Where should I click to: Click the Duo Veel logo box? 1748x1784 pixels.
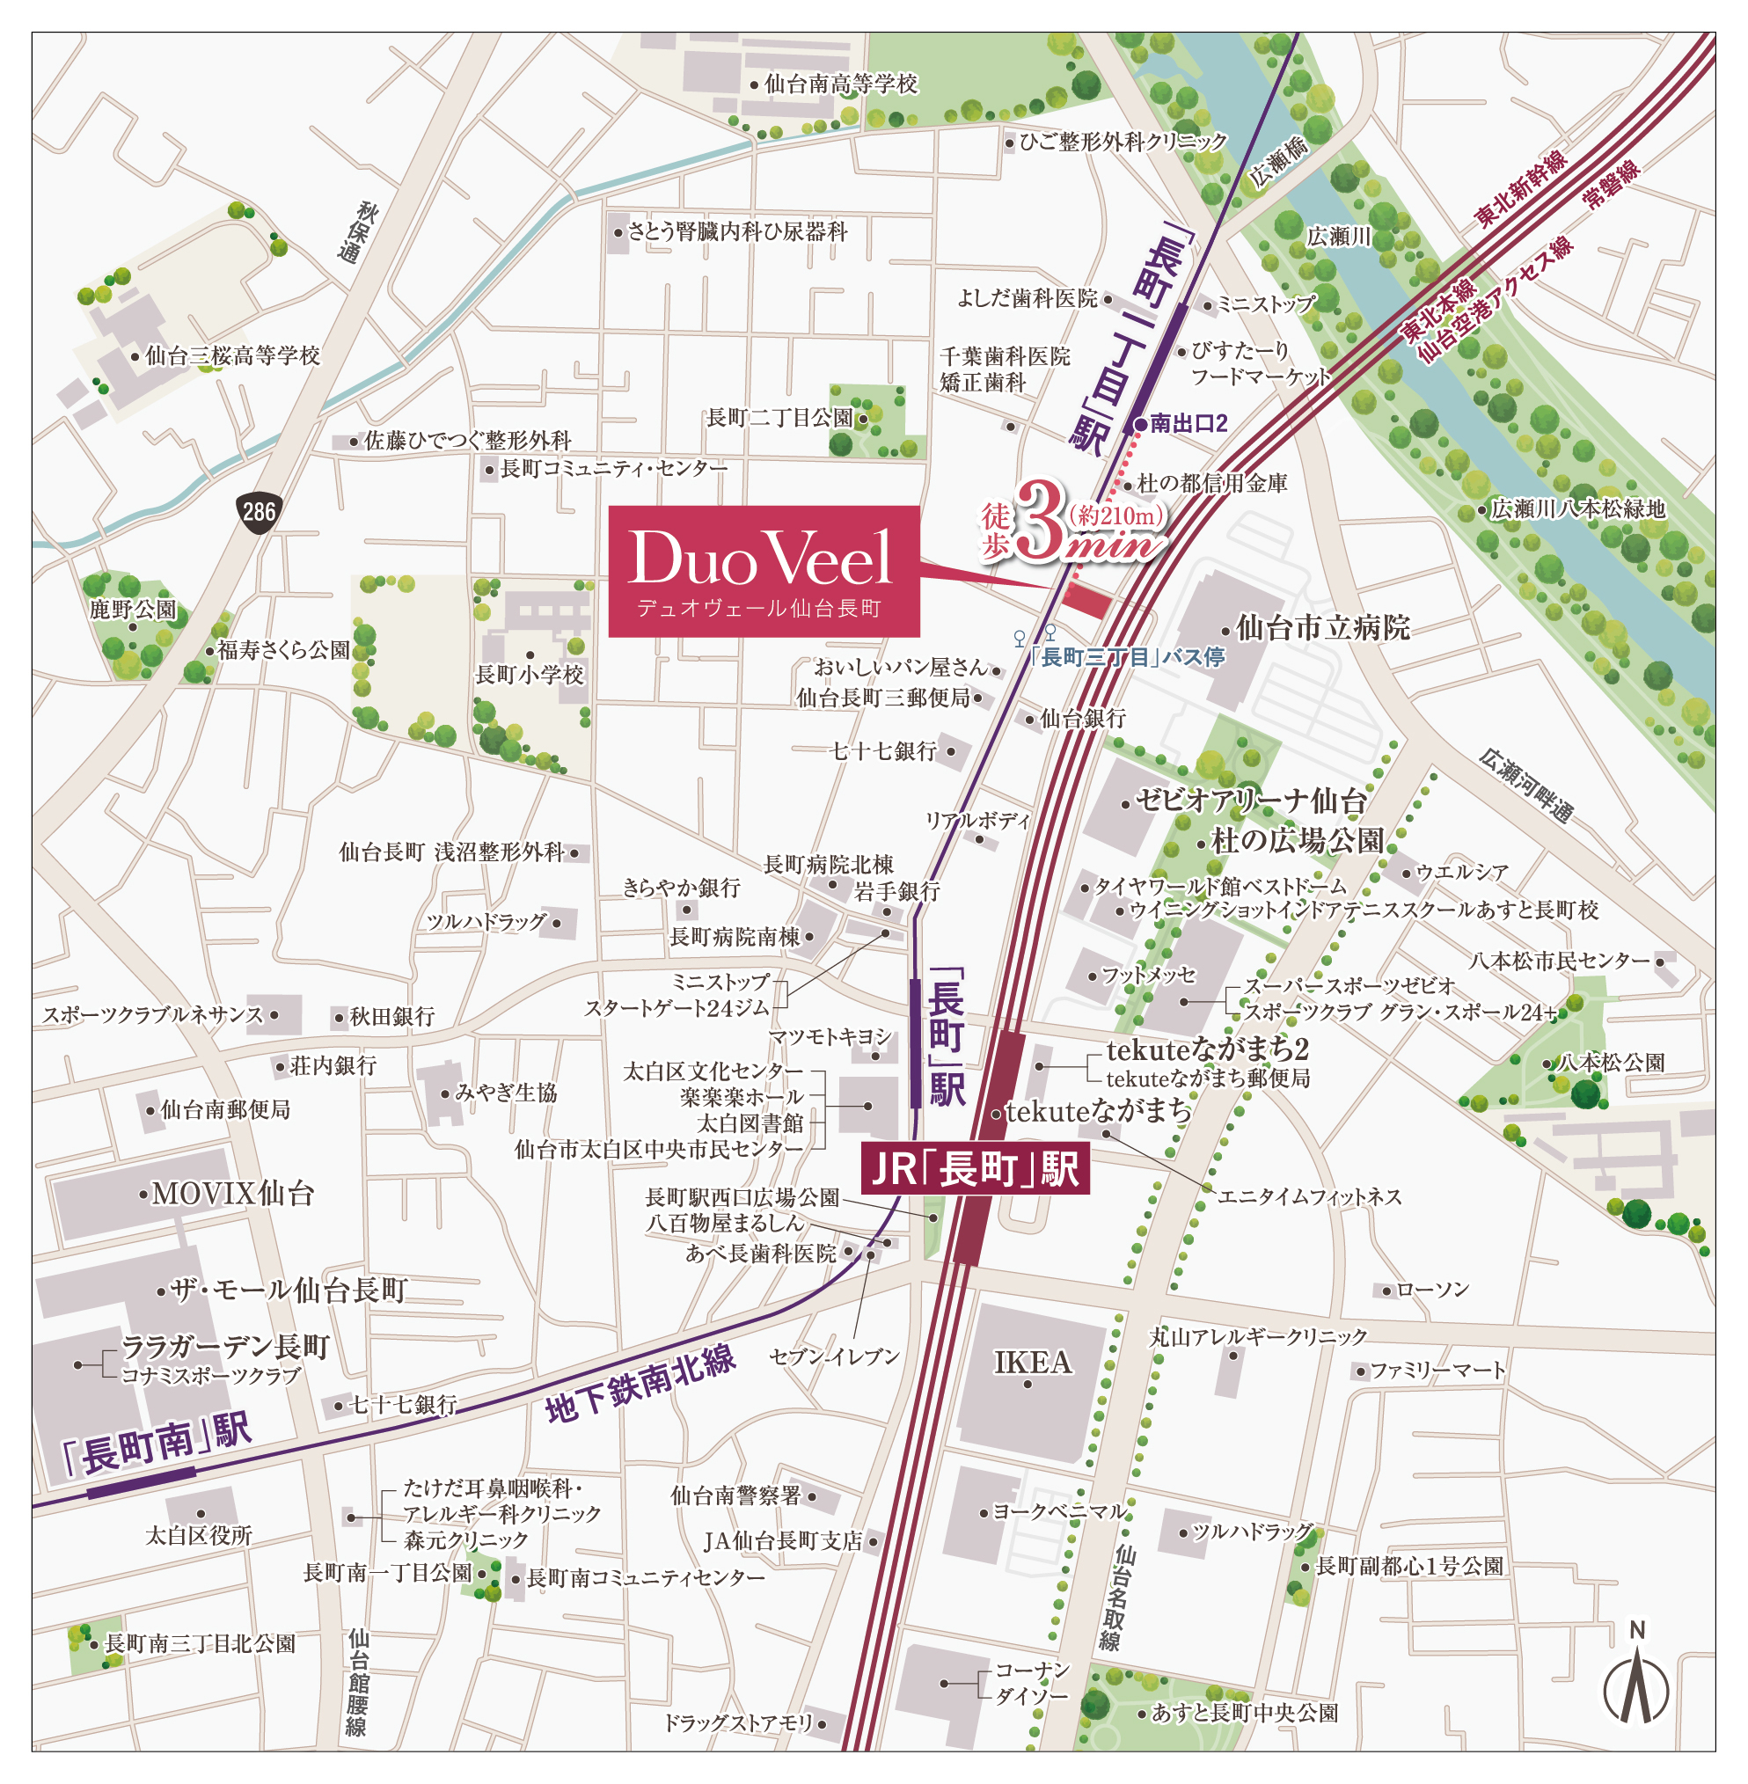pos(763,570)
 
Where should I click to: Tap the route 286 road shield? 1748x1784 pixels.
pos(258,510)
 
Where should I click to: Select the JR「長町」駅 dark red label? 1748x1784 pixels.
pos(974,1169)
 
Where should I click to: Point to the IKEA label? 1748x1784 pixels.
pos(1033,1362)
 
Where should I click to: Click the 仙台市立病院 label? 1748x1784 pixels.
pos(1322,628)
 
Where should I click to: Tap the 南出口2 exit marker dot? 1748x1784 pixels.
pos(1140,424)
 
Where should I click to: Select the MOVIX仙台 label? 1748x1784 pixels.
pos(232,1193)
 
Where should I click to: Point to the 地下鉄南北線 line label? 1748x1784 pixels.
pos(640,1386)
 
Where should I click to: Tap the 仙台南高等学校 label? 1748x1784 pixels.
pos(840,84)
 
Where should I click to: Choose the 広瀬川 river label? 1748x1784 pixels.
pos(1339,237)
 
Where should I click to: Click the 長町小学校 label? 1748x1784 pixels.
pos(529,675)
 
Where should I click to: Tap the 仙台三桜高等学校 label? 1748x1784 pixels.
pos(232,355)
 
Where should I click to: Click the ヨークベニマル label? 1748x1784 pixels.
pos(1059,1511)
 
